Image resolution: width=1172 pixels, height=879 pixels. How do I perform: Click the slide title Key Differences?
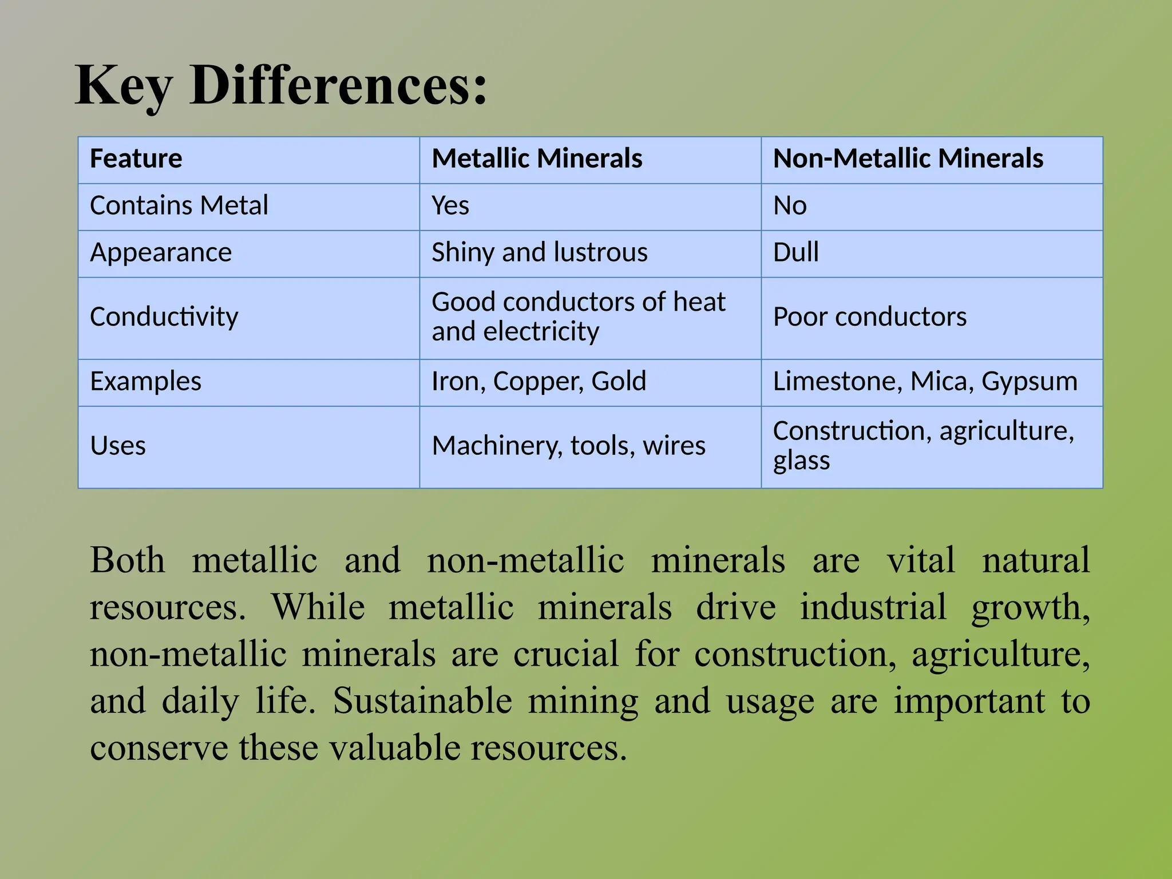tap(280, 86)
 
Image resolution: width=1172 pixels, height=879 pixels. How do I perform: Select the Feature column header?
tap(136, 159)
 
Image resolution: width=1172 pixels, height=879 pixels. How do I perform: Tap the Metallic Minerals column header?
tap(537, 159)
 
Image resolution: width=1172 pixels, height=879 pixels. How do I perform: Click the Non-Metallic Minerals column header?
tap(908, 159)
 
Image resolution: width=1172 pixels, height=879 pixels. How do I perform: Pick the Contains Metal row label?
tap(179, 205)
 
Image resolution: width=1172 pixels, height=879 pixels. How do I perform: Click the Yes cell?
tap(450, 205)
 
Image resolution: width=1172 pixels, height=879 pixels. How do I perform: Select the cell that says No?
tap(790, 205)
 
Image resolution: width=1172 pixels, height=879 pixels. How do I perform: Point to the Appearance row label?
tap(161, 252)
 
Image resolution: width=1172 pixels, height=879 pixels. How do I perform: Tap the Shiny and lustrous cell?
tap(539, 252)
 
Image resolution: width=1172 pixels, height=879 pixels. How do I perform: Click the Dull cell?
tap(795, 252)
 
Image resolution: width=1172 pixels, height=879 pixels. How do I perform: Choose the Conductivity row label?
tap(164, 317)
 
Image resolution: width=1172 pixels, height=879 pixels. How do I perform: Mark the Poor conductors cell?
tap(870, 317)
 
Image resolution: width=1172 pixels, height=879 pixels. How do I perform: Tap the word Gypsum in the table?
tap(1030, 382)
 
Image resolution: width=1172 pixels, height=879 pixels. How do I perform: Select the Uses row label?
tap(118, 446)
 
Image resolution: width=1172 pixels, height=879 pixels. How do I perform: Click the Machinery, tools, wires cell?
tap(568, 446)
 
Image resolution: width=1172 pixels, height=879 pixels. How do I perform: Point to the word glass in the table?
tap(801, 461)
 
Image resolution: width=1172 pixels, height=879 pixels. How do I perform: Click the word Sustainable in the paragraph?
tap(422, 701)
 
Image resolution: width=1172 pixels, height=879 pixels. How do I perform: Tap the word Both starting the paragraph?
tap(127, 560)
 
